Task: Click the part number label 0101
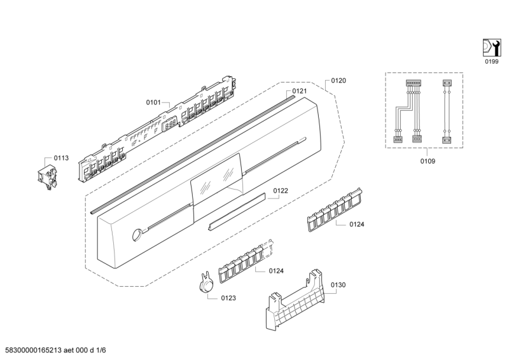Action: click(154, 102)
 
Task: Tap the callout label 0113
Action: click(61, 158)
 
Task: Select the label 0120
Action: click(338, 81)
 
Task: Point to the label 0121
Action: click(300, 91)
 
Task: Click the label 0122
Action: click(281, 190)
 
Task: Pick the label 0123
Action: click(228, 298)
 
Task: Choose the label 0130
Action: click(338, 286)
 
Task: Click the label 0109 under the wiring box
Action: click(428, 161)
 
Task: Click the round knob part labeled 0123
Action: click(205, 286)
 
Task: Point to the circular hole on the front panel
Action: click(136, 236)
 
